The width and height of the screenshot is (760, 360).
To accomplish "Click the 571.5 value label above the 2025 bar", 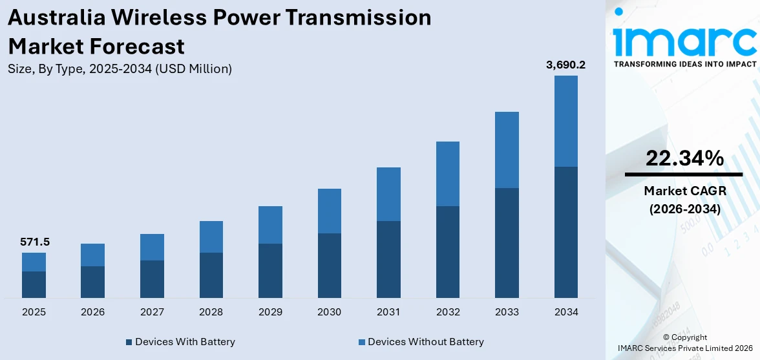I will pyautogui.click(x=34, y=242).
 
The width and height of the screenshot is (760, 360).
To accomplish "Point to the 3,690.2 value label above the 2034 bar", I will pyautogui.click(x=565, y=65).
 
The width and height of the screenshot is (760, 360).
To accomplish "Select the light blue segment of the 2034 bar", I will pyautogui.click(x=565, y=121).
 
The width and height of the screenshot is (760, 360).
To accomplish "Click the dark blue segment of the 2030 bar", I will pyautogui.click(x=329, y=265).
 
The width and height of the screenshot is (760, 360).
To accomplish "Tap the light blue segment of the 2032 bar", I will pyautogui.click(x=447, y=173).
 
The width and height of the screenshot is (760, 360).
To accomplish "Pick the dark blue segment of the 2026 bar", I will pyautogui.click(x=92, y=282).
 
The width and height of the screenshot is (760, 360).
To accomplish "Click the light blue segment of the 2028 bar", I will pyautogui.click(x=211, y=237).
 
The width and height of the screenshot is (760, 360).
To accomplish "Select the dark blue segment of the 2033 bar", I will pyautogui.click(x=507, y=242).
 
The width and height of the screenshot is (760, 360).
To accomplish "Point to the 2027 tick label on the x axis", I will pyautogui.click(x=152, y=312).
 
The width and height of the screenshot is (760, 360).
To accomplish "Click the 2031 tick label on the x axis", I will pyautogui.click(x=388, y=312).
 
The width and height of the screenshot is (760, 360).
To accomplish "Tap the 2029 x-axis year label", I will pyautogui.click(x=270, y=312).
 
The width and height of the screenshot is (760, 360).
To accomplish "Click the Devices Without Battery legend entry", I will pyautogui.click(x=420, y=342).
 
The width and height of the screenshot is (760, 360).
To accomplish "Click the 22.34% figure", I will pyautogui.click(x=684, y=158).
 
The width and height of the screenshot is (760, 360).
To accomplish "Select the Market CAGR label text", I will pyautogui.click(x=684, y=191).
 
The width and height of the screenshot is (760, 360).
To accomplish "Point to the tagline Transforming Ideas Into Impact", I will pyautogui.click(x=684, y=64).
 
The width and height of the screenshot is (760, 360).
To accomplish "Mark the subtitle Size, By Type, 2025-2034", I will pyautogui.click(x=120, y=69).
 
